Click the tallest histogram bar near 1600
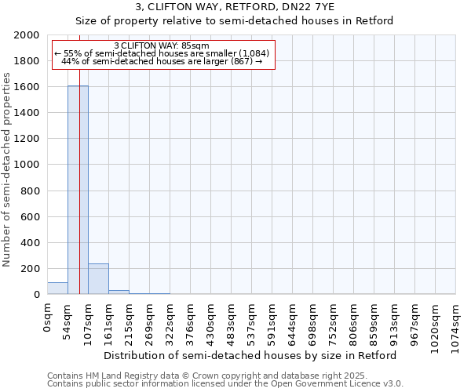pos(78,190)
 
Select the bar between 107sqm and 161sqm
pos(98,279)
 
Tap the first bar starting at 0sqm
pos(57,289)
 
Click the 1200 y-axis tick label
pos(28,139)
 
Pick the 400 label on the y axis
pos(31,243)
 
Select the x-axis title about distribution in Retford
pos(250,355)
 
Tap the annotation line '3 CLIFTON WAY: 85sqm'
pos(162,45)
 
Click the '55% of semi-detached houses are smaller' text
pos(162,53)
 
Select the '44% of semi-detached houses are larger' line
pos(162,61)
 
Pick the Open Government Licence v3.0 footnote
pos(225,384)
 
